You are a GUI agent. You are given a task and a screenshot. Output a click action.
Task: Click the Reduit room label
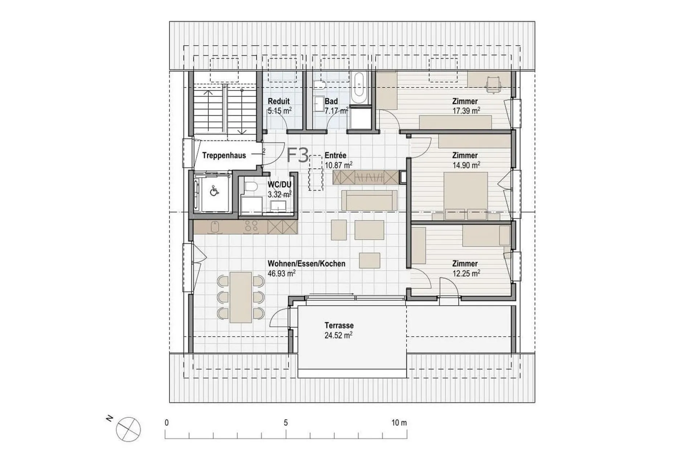coord(278,101)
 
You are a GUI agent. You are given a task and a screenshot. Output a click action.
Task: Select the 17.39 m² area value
coord(466,111)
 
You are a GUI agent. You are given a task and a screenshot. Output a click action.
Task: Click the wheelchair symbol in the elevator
coord(214,191)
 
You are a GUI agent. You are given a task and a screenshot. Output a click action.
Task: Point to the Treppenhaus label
coord(224,156)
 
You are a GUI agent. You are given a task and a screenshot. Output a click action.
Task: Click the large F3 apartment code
coord(298,155)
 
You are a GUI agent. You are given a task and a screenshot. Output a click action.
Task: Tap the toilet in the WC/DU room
coord(250,187)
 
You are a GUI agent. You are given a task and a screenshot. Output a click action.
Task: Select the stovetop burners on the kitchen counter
coord(251,227)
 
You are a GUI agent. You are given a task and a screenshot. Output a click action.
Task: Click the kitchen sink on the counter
coord(215,227)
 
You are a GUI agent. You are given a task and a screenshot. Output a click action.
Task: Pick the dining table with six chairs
coord(241,297)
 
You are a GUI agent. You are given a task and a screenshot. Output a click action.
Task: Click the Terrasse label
coord(339,326)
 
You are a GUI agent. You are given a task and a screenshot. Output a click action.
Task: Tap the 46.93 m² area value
coord(281,273)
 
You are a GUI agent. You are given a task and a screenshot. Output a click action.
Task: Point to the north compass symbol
coord(128,429)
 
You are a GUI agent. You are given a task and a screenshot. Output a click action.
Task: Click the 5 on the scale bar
coord(286,423)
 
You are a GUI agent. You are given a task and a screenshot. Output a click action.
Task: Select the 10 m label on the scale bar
coord(399,423)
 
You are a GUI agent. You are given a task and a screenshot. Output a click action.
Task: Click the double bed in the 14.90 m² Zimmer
coord(466,196)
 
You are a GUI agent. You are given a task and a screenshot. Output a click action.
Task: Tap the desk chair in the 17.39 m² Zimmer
coord(493,84)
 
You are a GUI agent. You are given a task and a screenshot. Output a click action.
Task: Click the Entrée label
coord(335,156)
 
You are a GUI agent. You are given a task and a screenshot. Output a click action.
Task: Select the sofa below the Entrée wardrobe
coord(369,200)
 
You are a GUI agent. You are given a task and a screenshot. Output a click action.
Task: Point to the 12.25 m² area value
coord(466,273)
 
